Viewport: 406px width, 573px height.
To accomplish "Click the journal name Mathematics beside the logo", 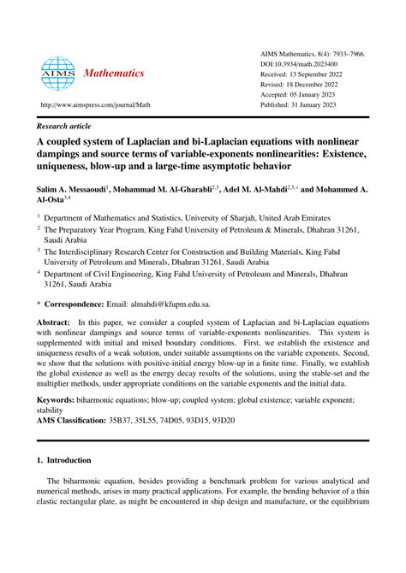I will (x=115, y=74).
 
